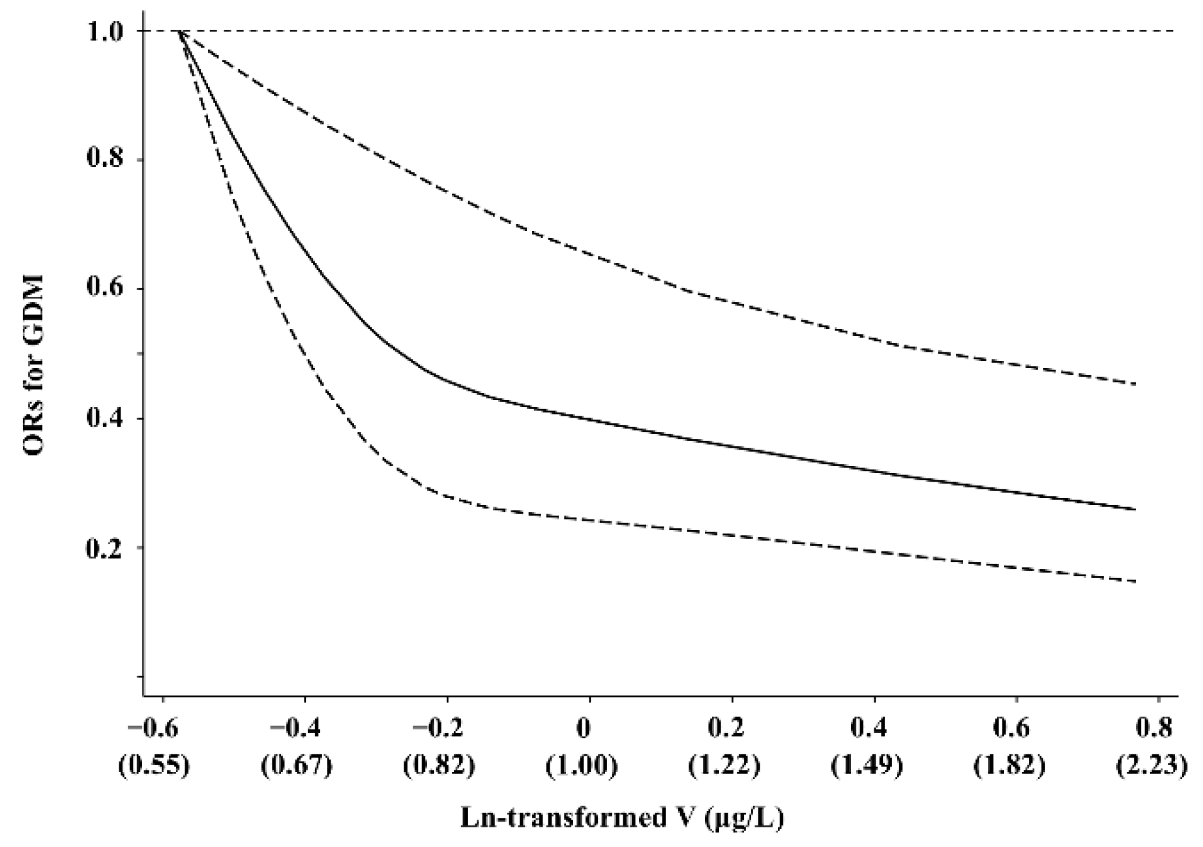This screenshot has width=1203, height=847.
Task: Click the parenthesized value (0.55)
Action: [x=155, y=765]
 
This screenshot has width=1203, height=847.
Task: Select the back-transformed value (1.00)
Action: [x=582, y=765]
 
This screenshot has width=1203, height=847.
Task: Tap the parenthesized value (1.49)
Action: [x=867, y=765]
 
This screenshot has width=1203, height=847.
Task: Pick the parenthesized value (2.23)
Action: [x=1151, y=765]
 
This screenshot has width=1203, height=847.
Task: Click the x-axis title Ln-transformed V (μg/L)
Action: [x=622, y=818]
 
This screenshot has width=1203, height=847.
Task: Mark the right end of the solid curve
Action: [x=1135, y=509]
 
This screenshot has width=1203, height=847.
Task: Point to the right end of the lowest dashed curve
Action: [x=1135, y=581]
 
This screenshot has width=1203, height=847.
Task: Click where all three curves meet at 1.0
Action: [x=181, y=31]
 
